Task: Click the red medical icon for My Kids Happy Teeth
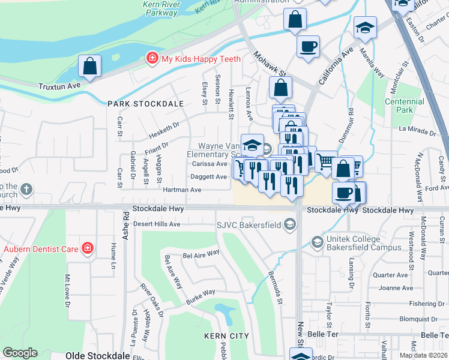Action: [x=153, y=59]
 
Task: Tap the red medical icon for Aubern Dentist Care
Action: [x=88, y=248]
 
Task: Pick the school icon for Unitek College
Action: [x=317, y=242]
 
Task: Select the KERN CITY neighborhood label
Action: [x=226, y=336]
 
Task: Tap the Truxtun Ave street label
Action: [x=59, y=86]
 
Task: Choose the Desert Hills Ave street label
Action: [x=157, y=224]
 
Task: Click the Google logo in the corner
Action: [x=20, y=353]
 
